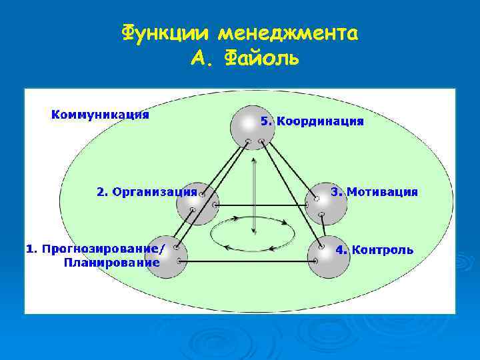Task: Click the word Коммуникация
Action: click(100, 114)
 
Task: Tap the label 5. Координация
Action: click(312, 121)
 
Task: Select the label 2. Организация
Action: click(147, 192)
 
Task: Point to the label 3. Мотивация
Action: click(375, 192)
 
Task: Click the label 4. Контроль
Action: click(374, 250)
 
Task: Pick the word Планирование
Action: click(111, 263)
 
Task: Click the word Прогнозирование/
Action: click(103, 249)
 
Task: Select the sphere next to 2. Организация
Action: click(197, 204)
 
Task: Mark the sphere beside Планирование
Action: click(166, 257)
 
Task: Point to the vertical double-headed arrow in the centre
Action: click(253, 196)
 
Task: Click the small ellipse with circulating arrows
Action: click(253, 233)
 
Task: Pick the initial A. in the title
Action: click(203, 59)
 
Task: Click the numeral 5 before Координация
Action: click(264, 121)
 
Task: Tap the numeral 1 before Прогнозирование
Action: click(29, 249)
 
